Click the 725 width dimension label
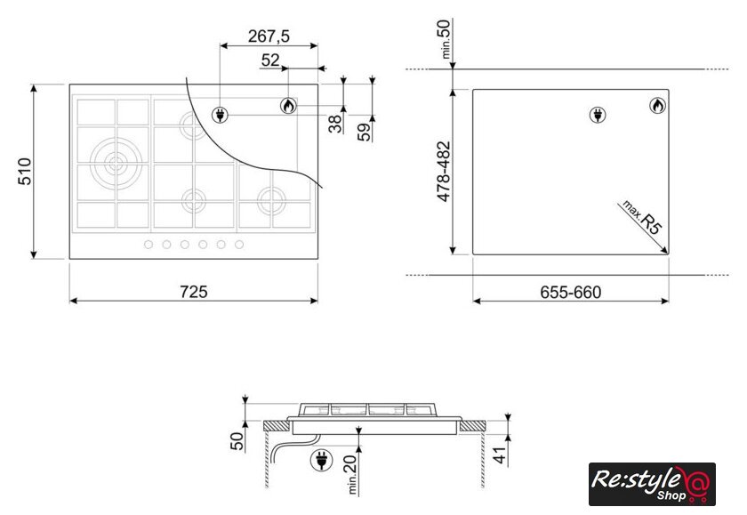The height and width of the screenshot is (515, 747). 194,292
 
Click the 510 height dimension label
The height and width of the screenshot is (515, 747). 24,172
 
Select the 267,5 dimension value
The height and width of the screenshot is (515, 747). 269,36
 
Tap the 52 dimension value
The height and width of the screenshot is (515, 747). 270,60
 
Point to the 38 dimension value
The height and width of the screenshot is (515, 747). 335,124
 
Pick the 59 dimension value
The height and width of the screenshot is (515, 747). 364,132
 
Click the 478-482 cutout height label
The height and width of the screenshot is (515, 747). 444,172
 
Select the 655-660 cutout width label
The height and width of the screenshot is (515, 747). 570,292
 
